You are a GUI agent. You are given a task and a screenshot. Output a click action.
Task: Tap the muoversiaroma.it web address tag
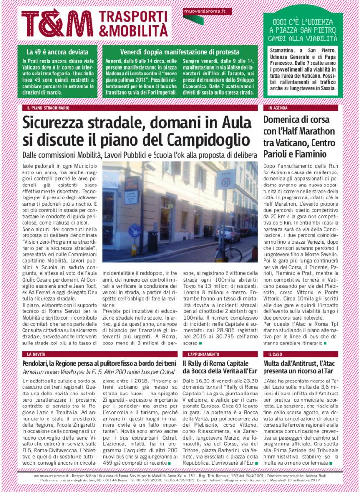click(x=201, y=11)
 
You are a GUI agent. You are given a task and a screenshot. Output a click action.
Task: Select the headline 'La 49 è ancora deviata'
click(x=55, y=52)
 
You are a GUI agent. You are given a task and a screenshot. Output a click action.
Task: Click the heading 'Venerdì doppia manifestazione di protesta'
click(x=180, y=52)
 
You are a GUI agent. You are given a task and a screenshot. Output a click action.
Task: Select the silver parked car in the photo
click(x=228, y=233)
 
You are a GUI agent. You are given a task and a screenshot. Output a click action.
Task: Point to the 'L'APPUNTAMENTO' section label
click(x=204, y=354)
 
